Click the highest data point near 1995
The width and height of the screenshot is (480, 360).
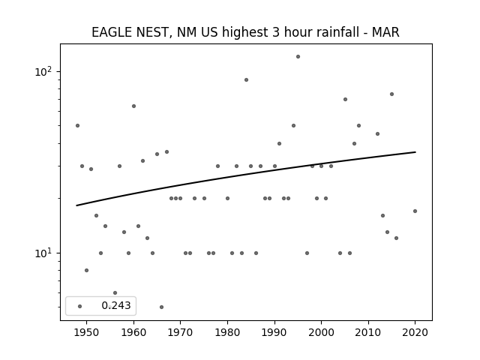click(298, 57)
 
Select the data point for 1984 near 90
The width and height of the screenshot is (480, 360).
click(247, 80)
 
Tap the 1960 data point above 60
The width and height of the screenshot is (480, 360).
click(133, 106)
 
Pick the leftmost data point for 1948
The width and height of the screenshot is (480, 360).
click(77, 125)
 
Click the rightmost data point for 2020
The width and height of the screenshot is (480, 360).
click(415, 211)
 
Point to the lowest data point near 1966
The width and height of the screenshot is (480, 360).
click(162, 307)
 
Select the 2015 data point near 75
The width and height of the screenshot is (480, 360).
click(391, 94)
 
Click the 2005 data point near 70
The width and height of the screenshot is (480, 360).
click(345, 99)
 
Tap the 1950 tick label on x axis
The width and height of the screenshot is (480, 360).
click(87, 332)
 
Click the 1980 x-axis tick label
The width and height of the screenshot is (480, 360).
click(227, 332)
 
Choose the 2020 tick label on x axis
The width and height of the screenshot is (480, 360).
click(415, 332)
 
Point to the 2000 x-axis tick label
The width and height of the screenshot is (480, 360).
click(321, 332)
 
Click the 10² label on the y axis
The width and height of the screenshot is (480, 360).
click(43, 71)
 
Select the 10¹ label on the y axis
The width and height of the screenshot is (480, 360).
click(43, 253)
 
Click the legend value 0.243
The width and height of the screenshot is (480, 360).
click(116, 305)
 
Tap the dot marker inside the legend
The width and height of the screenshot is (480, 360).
click(80, 306)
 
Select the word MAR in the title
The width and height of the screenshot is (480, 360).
click(385, 32)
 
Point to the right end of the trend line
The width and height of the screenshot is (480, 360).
click(415, 151)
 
